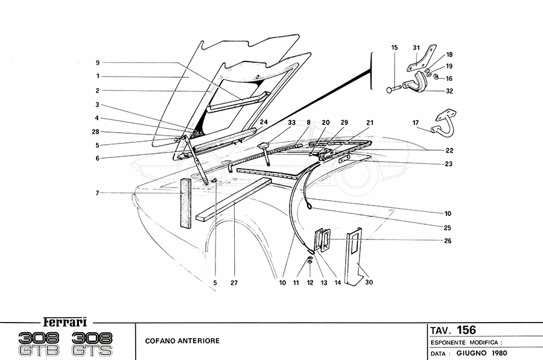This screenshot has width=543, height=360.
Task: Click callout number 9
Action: pos(97,62)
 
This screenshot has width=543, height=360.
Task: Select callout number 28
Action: pos(97,131)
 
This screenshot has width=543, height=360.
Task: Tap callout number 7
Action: pos(97,192)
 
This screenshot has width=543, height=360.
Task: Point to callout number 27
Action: pos(233,280)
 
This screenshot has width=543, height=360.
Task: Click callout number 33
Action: pos(291,122)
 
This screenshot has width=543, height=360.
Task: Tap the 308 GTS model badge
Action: pos(95,341)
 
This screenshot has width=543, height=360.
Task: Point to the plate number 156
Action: pos(466,330)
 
